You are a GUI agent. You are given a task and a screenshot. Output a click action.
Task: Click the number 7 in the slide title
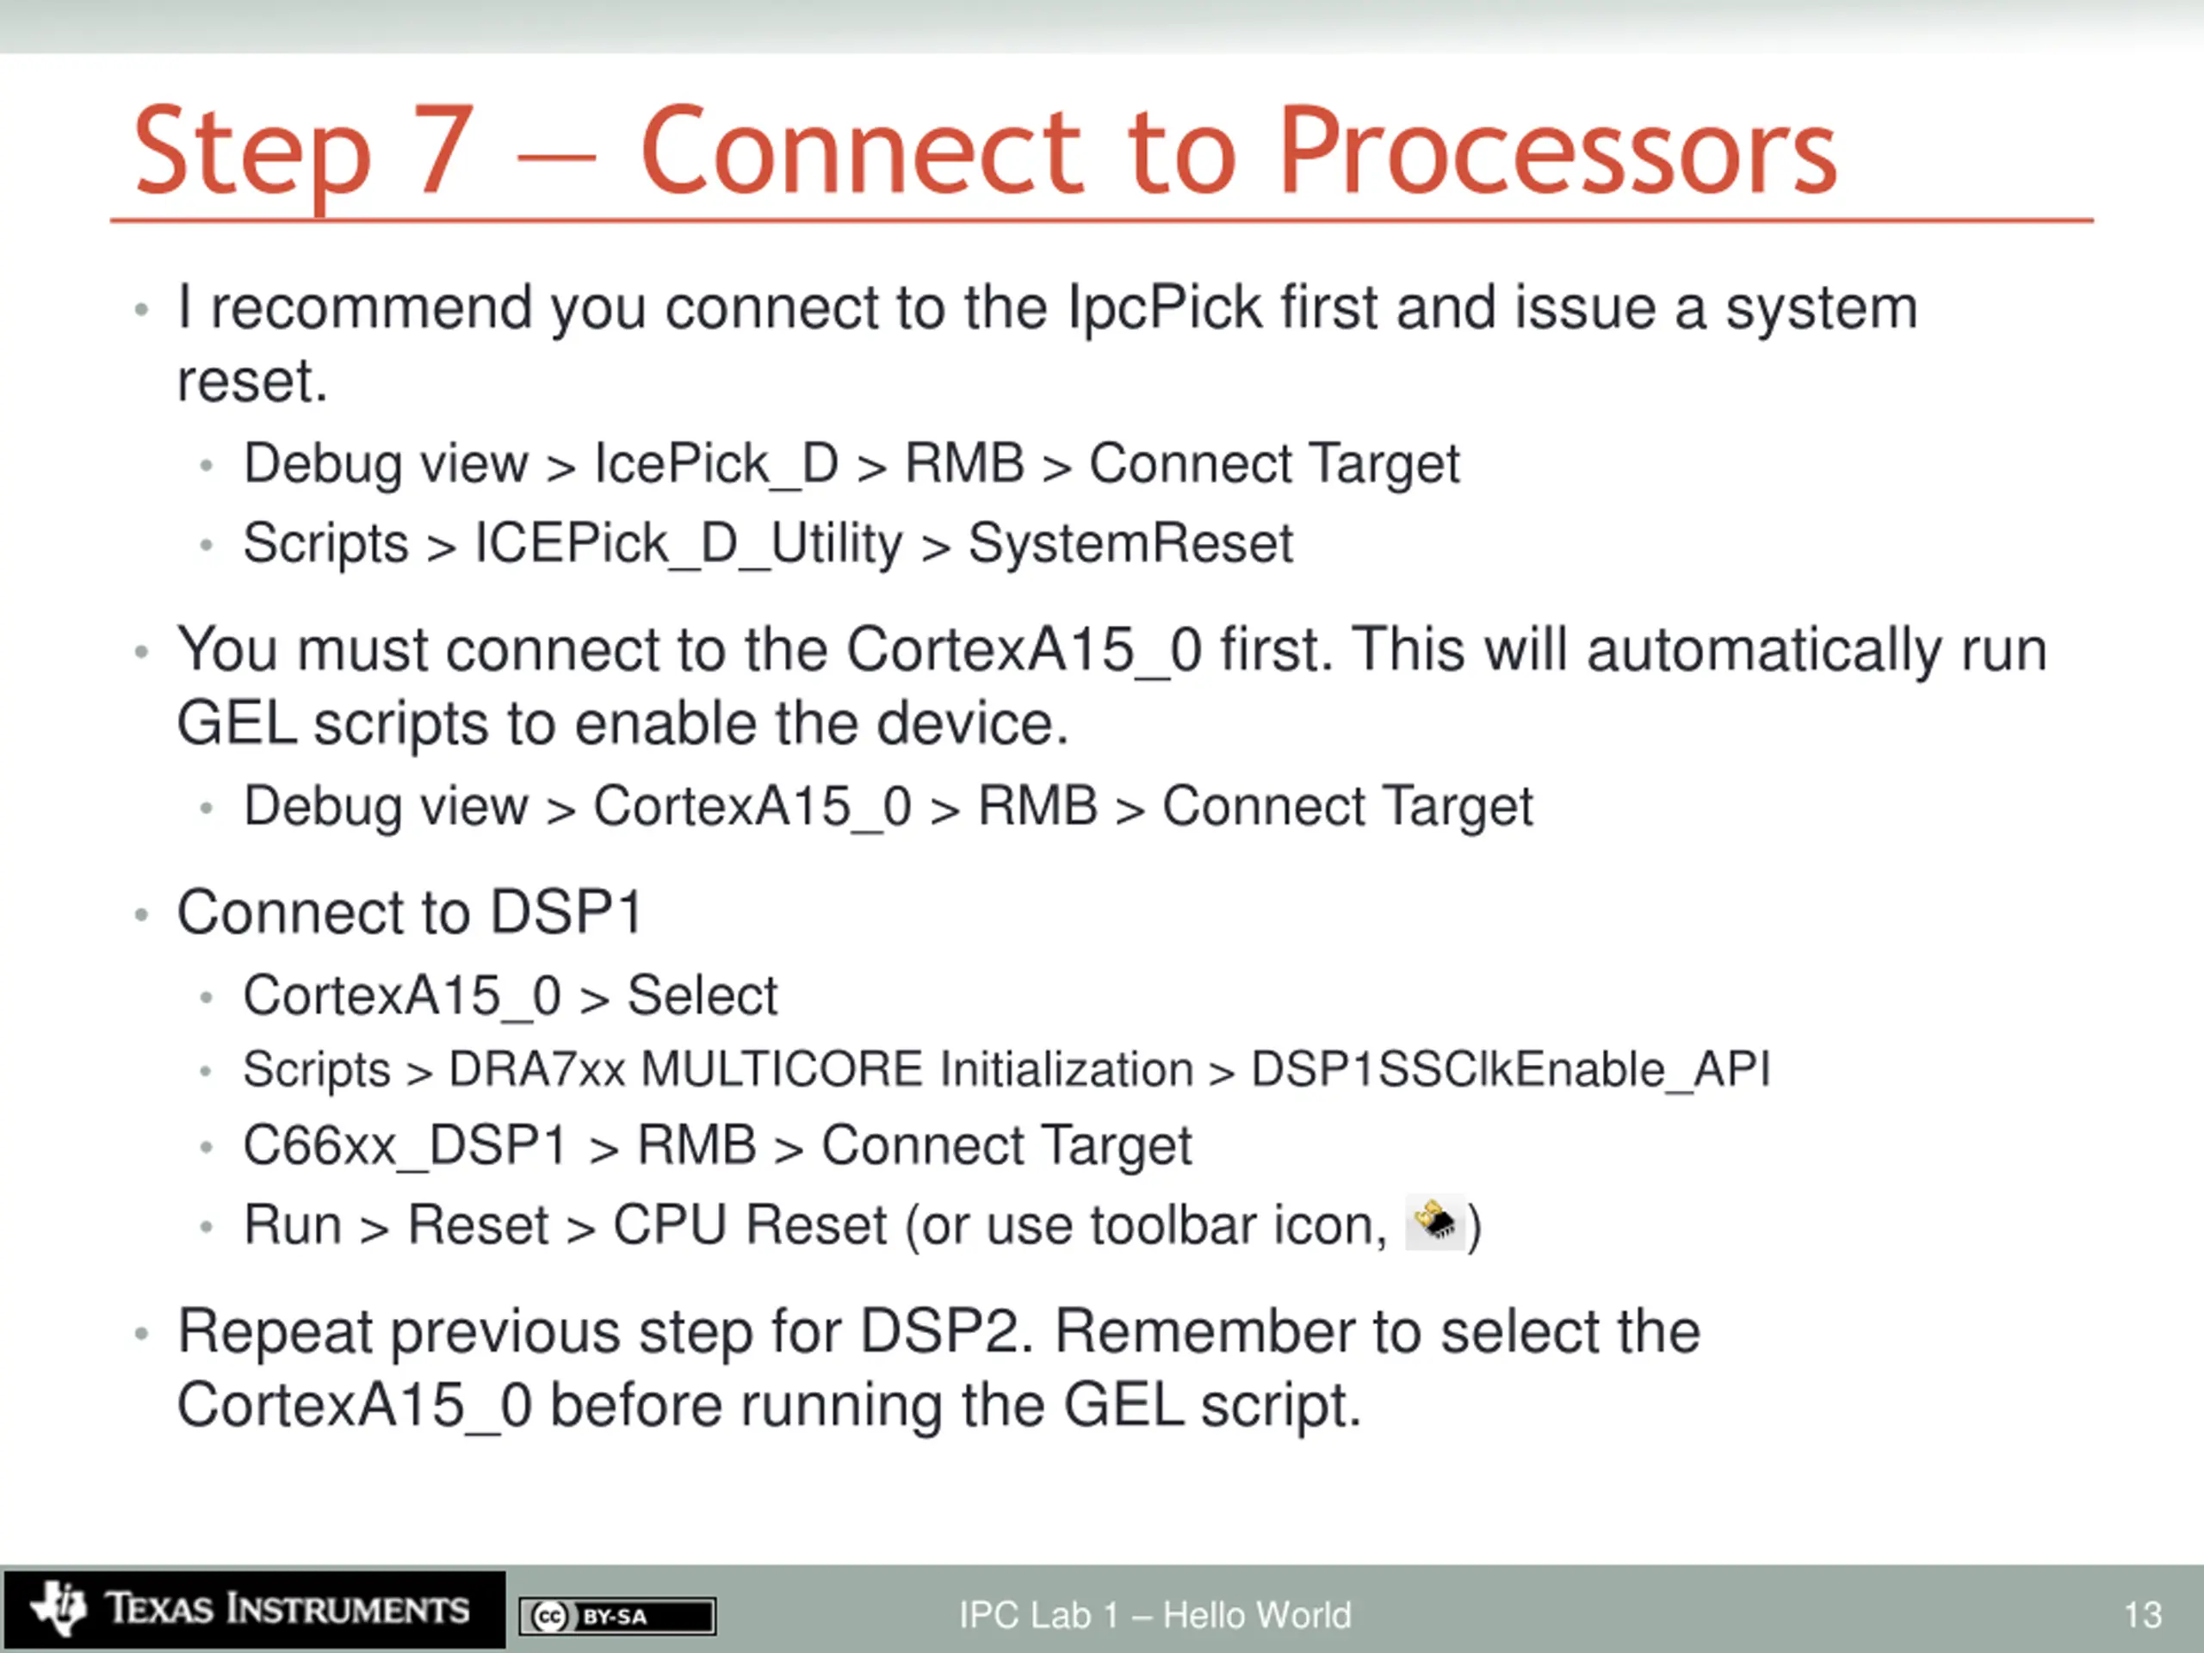[x=444, y=152]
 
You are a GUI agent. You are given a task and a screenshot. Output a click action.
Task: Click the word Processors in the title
[x=1557, y=152]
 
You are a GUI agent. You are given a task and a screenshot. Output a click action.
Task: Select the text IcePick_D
[x=716, y=464]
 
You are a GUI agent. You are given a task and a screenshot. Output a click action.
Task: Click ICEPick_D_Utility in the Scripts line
[x=688, y=544]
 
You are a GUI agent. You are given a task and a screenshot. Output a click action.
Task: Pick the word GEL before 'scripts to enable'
[x=236, y=723]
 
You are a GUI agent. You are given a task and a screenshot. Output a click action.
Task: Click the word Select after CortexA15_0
[x=703, y=995]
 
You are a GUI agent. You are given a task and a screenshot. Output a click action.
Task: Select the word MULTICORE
[x=782, y=1070]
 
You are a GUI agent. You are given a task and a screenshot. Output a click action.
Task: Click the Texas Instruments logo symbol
[x=59, y=1607]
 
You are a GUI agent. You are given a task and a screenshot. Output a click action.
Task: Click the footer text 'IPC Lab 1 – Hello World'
[x=1155, y=1614]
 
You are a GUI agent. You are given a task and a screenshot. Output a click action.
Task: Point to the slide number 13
[x=2142, y=1614]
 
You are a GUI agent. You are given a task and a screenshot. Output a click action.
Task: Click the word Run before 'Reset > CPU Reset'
[x=293, y=1226]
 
